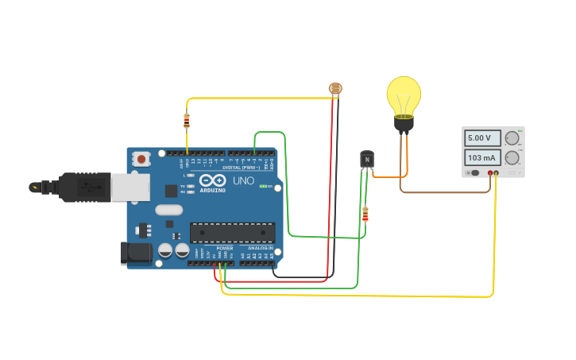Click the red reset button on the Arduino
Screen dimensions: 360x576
(x=141, y=159)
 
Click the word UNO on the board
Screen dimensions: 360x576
(x=243, y=180)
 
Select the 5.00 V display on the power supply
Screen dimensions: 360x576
(x=482, y=138)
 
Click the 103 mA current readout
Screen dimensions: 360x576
(x=482, y=157)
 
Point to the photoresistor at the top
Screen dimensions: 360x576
(x=335, y=88)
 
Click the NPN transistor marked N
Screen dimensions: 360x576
(x=366, y=160)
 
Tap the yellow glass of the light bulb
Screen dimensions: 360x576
(x=404, y=95)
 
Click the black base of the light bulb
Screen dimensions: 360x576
(x=404, y=123)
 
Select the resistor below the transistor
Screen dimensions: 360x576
(x=365, y=214)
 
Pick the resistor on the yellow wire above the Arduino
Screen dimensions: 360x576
(x=187, y=121)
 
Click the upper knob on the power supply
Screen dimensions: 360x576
(x=512, y=138)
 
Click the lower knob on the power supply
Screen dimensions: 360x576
(x=512, y=157)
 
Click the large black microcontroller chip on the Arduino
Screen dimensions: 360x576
(x=232, y=232)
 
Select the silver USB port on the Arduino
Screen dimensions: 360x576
(x=130, y=188)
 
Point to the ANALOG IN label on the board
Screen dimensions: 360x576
(x=259, y=249)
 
